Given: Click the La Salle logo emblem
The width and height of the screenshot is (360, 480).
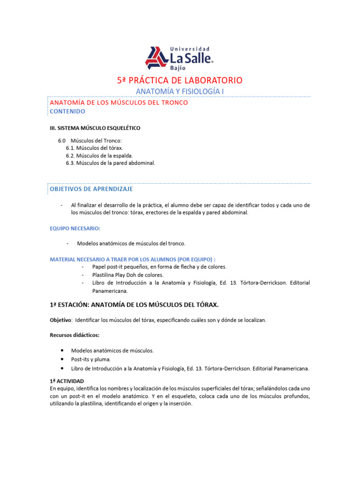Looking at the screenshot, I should [x=157, y=58].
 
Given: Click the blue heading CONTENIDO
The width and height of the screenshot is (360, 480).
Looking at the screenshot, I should [x=67, y=112].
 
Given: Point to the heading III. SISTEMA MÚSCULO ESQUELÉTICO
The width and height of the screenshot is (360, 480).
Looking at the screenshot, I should [x=95, y=128].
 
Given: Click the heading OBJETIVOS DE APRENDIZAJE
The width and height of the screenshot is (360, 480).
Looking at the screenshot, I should [x=91, y=189].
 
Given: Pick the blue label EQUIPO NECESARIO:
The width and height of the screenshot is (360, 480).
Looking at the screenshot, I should [x=75, y=228].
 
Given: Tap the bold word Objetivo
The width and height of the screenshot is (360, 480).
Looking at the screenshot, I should [x=60, y=320].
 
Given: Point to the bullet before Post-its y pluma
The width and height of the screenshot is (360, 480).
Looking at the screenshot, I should [x=62, y=360].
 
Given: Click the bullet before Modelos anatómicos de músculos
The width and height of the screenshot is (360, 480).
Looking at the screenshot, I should [x=62, y=351].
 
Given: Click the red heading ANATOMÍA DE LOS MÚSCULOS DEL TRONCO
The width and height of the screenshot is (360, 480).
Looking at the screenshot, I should [x=119, y=103].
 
